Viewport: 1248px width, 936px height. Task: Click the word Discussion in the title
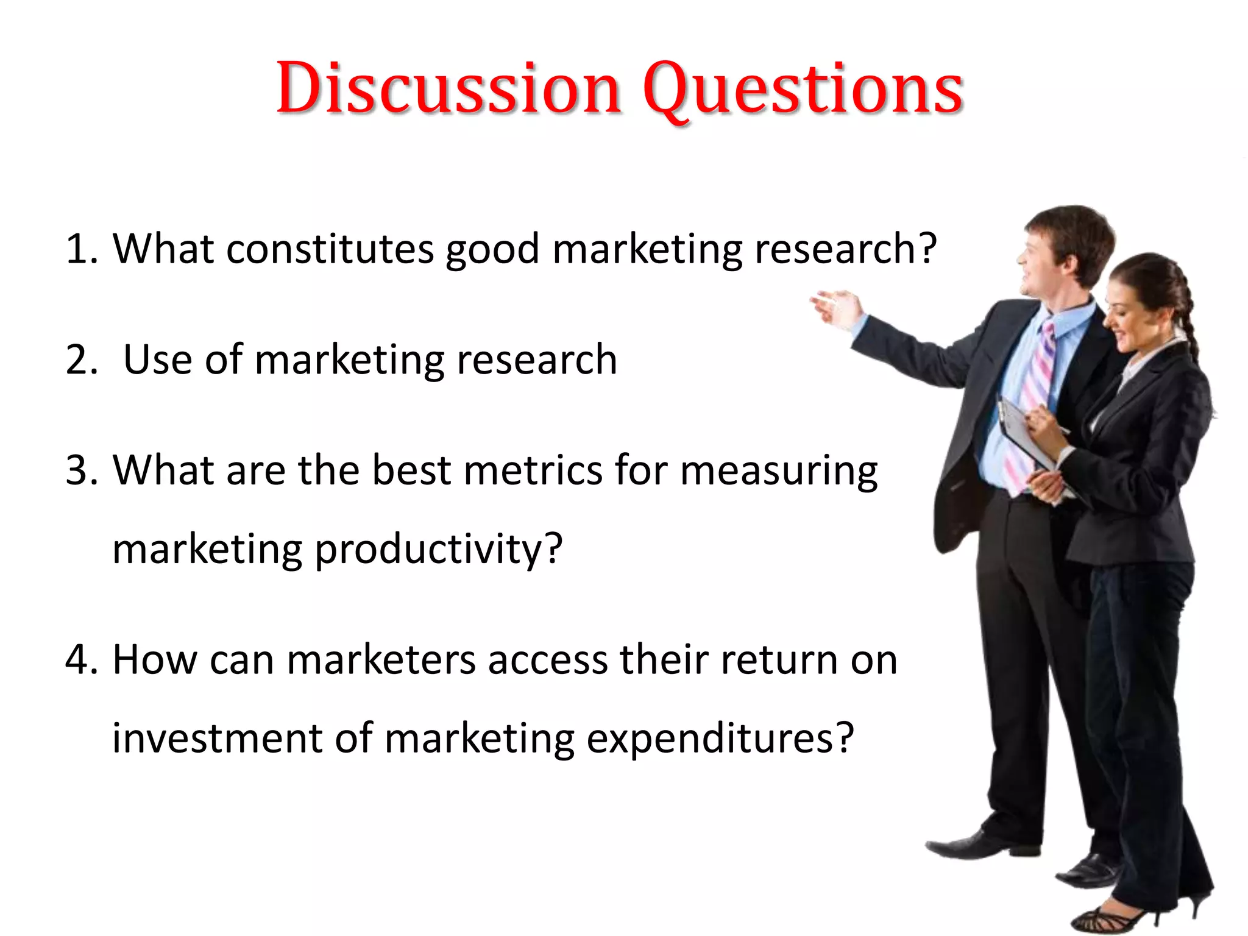448,88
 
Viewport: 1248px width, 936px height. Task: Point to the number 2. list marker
81,360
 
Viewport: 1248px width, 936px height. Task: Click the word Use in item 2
158,360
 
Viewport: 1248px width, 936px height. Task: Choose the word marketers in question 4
381,660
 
